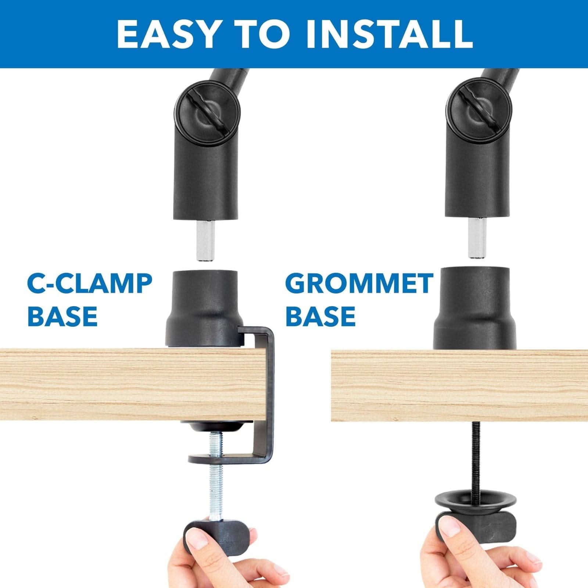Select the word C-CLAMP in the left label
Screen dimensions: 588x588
[90, 283]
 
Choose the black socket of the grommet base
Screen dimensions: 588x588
[474, 309]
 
